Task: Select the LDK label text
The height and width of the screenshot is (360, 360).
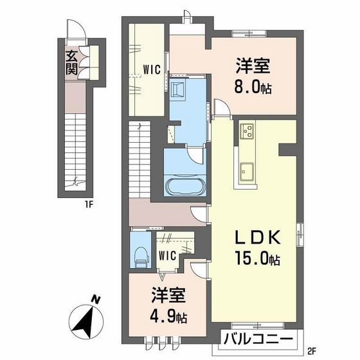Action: (x=252, y=239)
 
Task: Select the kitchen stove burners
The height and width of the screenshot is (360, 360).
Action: (x=247, y=132)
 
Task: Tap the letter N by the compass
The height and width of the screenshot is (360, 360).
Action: (x=94, y=299)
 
